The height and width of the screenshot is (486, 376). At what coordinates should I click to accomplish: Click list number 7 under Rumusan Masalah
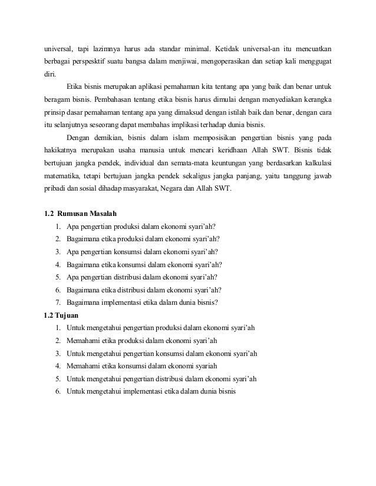click(58, 302)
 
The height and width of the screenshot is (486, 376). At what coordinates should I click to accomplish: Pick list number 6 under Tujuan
click(58, 391)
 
